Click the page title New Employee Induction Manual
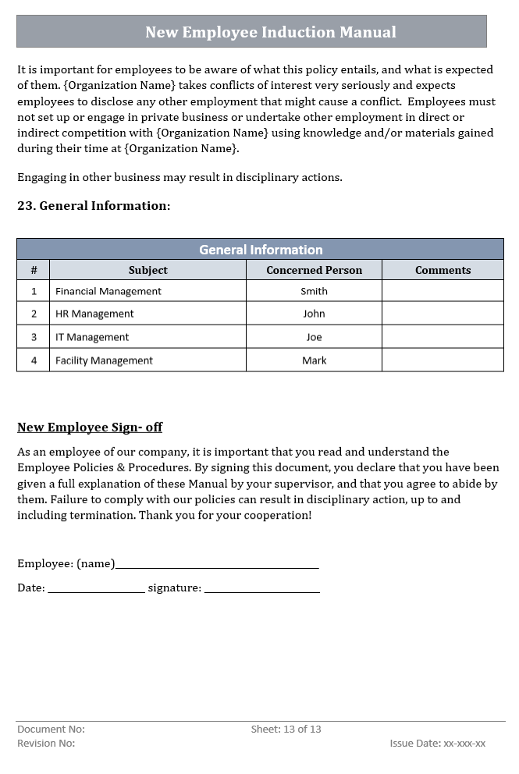270,32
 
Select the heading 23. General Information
94,206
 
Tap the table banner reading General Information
261,250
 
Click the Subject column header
148,270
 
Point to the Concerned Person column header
314,270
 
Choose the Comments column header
443,270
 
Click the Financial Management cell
108,291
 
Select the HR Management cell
94,314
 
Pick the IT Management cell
92,337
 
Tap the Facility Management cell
104,360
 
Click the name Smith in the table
314,291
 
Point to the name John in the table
314,314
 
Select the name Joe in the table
314,337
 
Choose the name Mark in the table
314,360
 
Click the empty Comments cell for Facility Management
443,360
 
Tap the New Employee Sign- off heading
90,428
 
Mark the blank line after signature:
261,590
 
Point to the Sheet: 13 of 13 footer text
286,730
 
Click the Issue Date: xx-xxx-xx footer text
437,744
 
